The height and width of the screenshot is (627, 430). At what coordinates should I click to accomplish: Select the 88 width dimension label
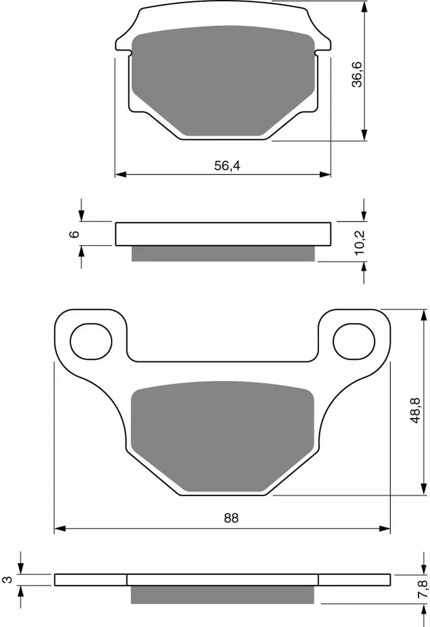point(231,518)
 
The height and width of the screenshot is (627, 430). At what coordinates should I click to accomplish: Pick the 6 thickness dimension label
point(74,234)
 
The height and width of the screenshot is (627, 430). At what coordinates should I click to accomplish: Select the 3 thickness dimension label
point(6,580)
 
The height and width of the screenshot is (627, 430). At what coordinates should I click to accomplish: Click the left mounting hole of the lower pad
point(91,342)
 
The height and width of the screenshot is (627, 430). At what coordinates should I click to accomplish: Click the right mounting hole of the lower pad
point(354,342)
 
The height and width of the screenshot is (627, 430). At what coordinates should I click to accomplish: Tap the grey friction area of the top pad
point(223,84)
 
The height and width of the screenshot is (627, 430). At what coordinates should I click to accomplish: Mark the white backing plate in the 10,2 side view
point(223,234)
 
